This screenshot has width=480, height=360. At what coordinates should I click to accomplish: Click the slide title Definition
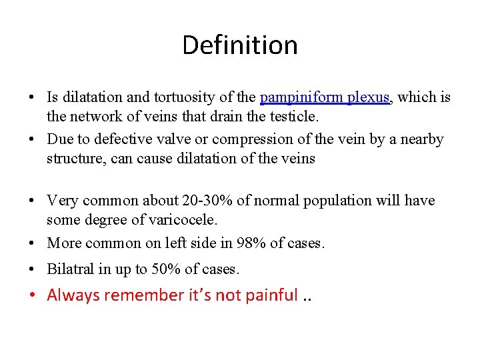pyautogui.click(x=239, y=45)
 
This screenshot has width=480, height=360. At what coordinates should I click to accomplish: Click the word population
pyautogui.click(x=343, y=201)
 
